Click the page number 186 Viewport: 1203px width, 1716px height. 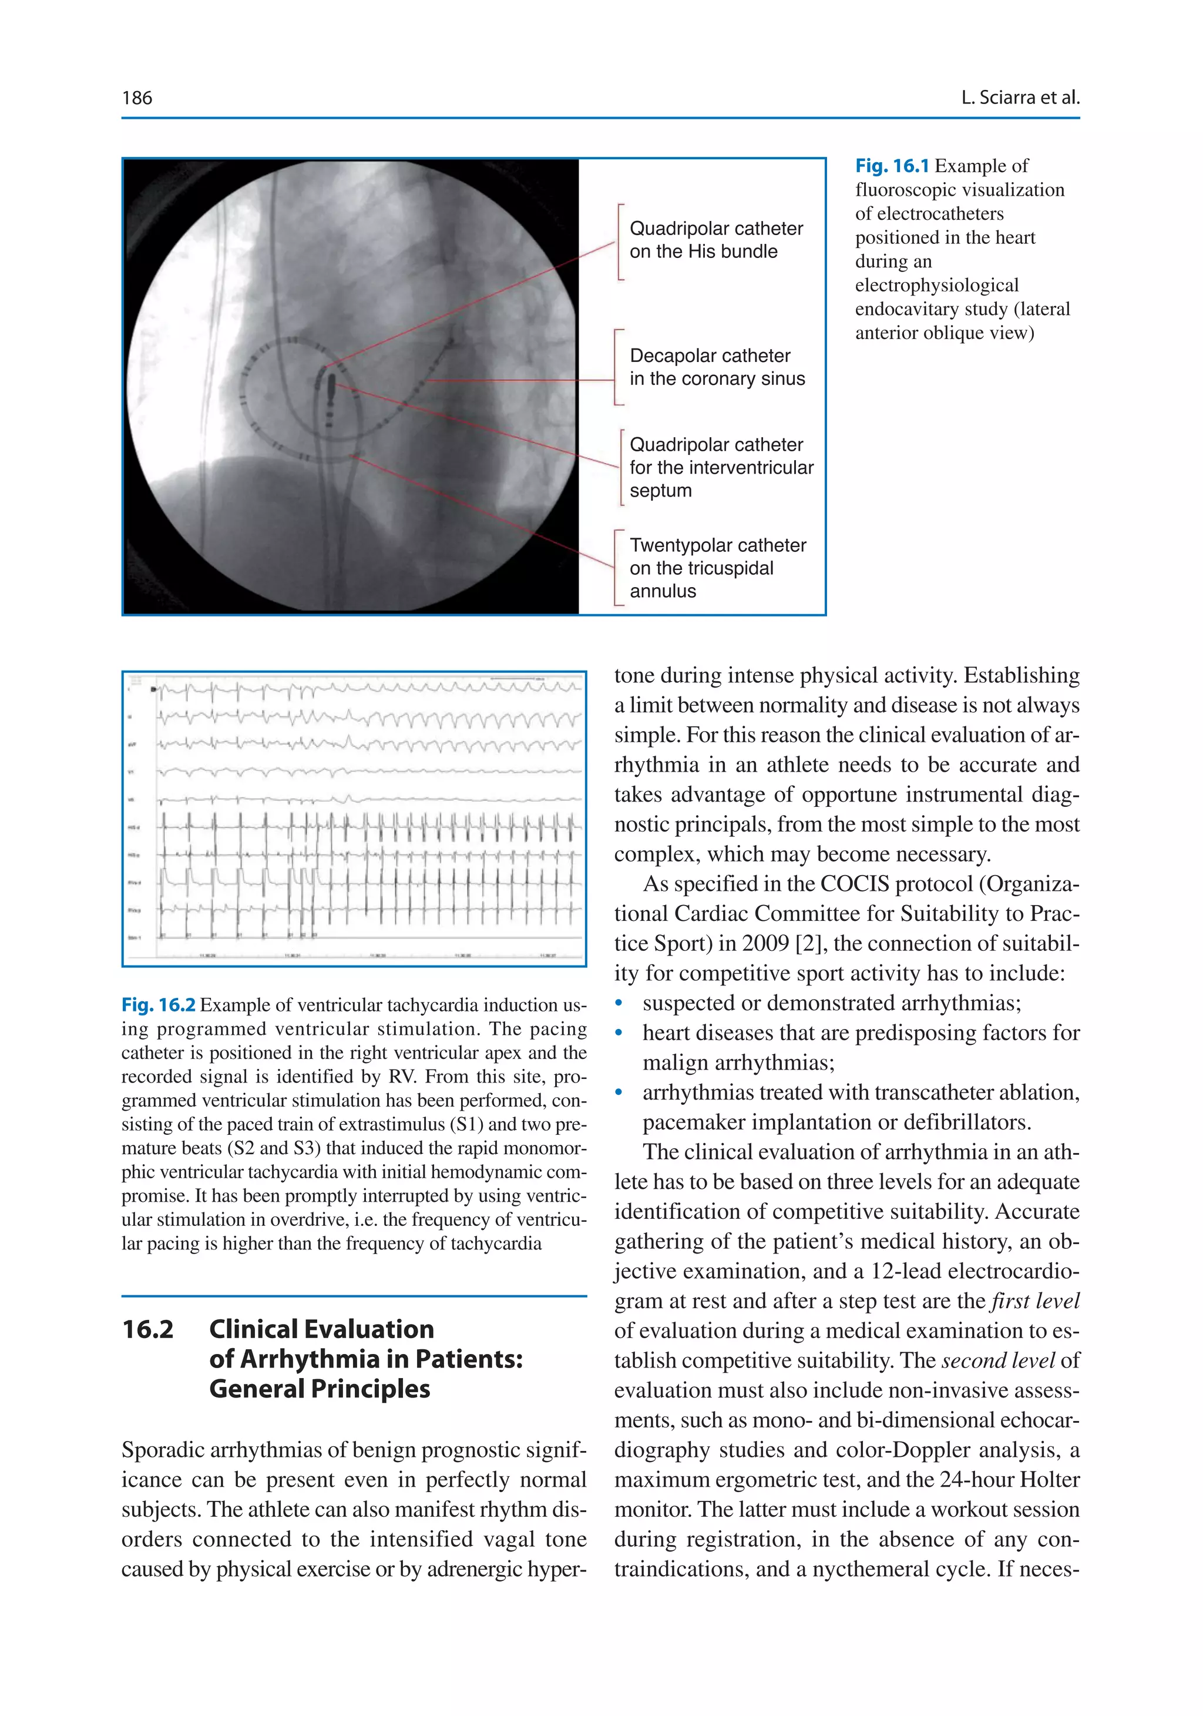[137, 98]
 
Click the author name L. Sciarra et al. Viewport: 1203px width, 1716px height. [1019, 98]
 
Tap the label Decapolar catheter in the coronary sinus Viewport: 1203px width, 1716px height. [717, 367]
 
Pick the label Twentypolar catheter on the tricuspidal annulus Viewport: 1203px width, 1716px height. [717, 568]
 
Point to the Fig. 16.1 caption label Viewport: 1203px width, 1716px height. [892, 166]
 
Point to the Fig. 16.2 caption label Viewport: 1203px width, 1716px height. [159, 1006]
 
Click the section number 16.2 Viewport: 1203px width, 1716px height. [148, 1329]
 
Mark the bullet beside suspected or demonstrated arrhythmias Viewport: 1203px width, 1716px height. [619, 1004]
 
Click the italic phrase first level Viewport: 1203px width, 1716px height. [1035, 1301]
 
